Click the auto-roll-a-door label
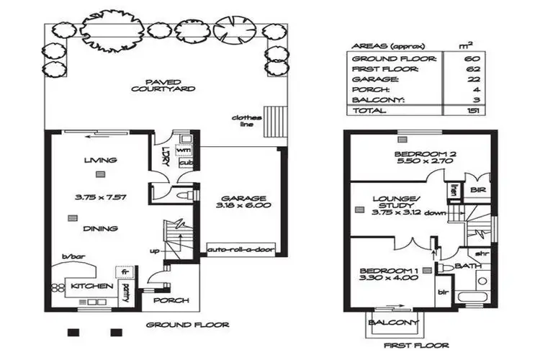(x=230, y=250)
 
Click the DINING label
(x=100, y=229)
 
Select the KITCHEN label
(x=91, y=286)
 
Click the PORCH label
(x=172, y=300)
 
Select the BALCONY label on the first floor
(x=393, y=323)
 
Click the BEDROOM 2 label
(x=421, y=158)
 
